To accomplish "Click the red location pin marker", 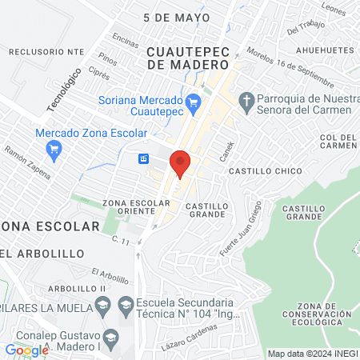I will (181, 162).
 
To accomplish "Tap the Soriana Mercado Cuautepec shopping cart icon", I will (192, 102).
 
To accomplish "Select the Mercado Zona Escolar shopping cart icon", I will (54, 148).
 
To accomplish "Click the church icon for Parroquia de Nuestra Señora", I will (247, 102).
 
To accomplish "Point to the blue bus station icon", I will (143, 158).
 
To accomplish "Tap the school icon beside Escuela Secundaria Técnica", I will (126, 305).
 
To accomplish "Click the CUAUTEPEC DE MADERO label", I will (188, 58).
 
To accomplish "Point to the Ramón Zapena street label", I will (27, 162).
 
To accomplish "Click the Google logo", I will (26, 350).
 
